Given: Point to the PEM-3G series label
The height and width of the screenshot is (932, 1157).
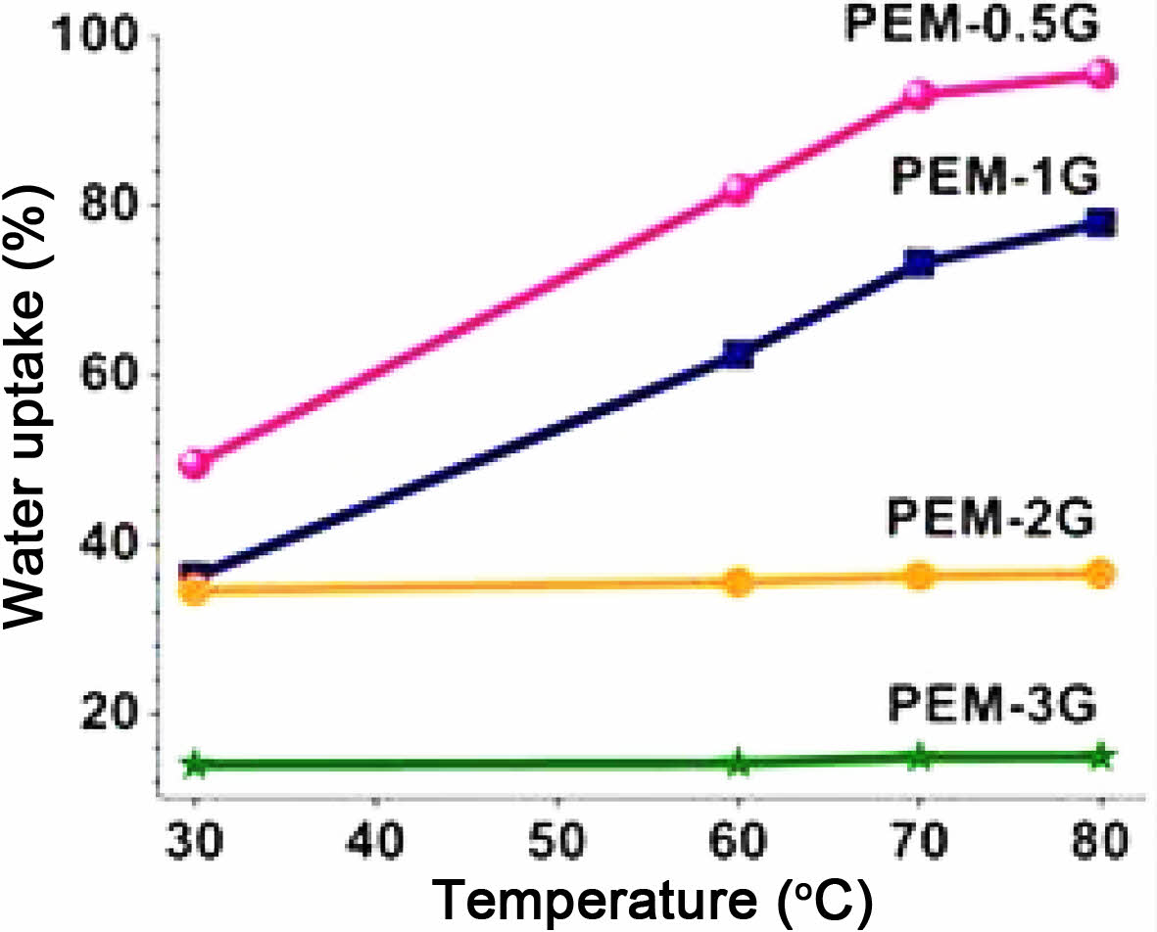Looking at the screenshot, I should [x=990, y=704].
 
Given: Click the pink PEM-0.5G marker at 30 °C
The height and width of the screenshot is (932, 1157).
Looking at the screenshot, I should [x=195, y=462].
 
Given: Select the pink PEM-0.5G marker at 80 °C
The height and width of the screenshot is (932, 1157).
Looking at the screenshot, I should [x=1101, y=73].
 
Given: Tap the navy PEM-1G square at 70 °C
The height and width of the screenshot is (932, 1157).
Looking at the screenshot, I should [x=920, y=262].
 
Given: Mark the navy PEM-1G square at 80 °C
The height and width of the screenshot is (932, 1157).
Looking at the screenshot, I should [x=1101, y=223].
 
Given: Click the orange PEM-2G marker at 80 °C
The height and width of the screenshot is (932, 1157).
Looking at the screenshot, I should [x=1101, y=574].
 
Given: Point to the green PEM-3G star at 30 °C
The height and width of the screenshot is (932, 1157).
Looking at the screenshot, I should [x=195, y=765].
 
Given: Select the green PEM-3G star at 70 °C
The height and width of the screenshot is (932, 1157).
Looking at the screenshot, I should [x=920, y=757].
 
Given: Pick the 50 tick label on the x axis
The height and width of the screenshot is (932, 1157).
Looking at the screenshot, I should [x=557, y=841].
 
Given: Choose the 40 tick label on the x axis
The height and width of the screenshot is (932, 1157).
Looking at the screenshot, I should [x=376, y=841].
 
